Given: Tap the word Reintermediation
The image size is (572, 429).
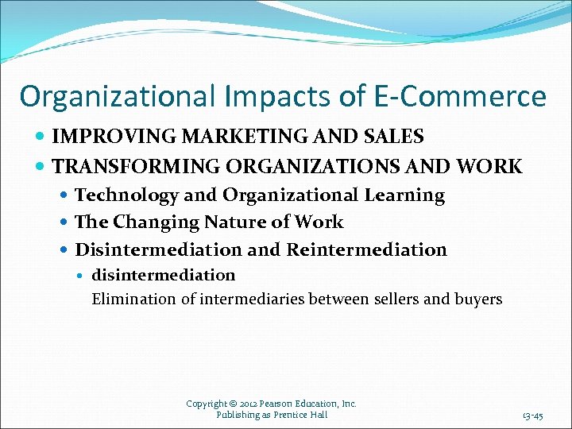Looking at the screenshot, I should pos(366,249).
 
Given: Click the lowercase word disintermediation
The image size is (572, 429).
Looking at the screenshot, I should pos(164,275).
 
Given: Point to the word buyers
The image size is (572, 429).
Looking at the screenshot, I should pos(481,299).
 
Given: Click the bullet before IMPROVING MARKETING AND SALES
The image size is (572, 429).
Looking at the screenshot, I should pos(41,137).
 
